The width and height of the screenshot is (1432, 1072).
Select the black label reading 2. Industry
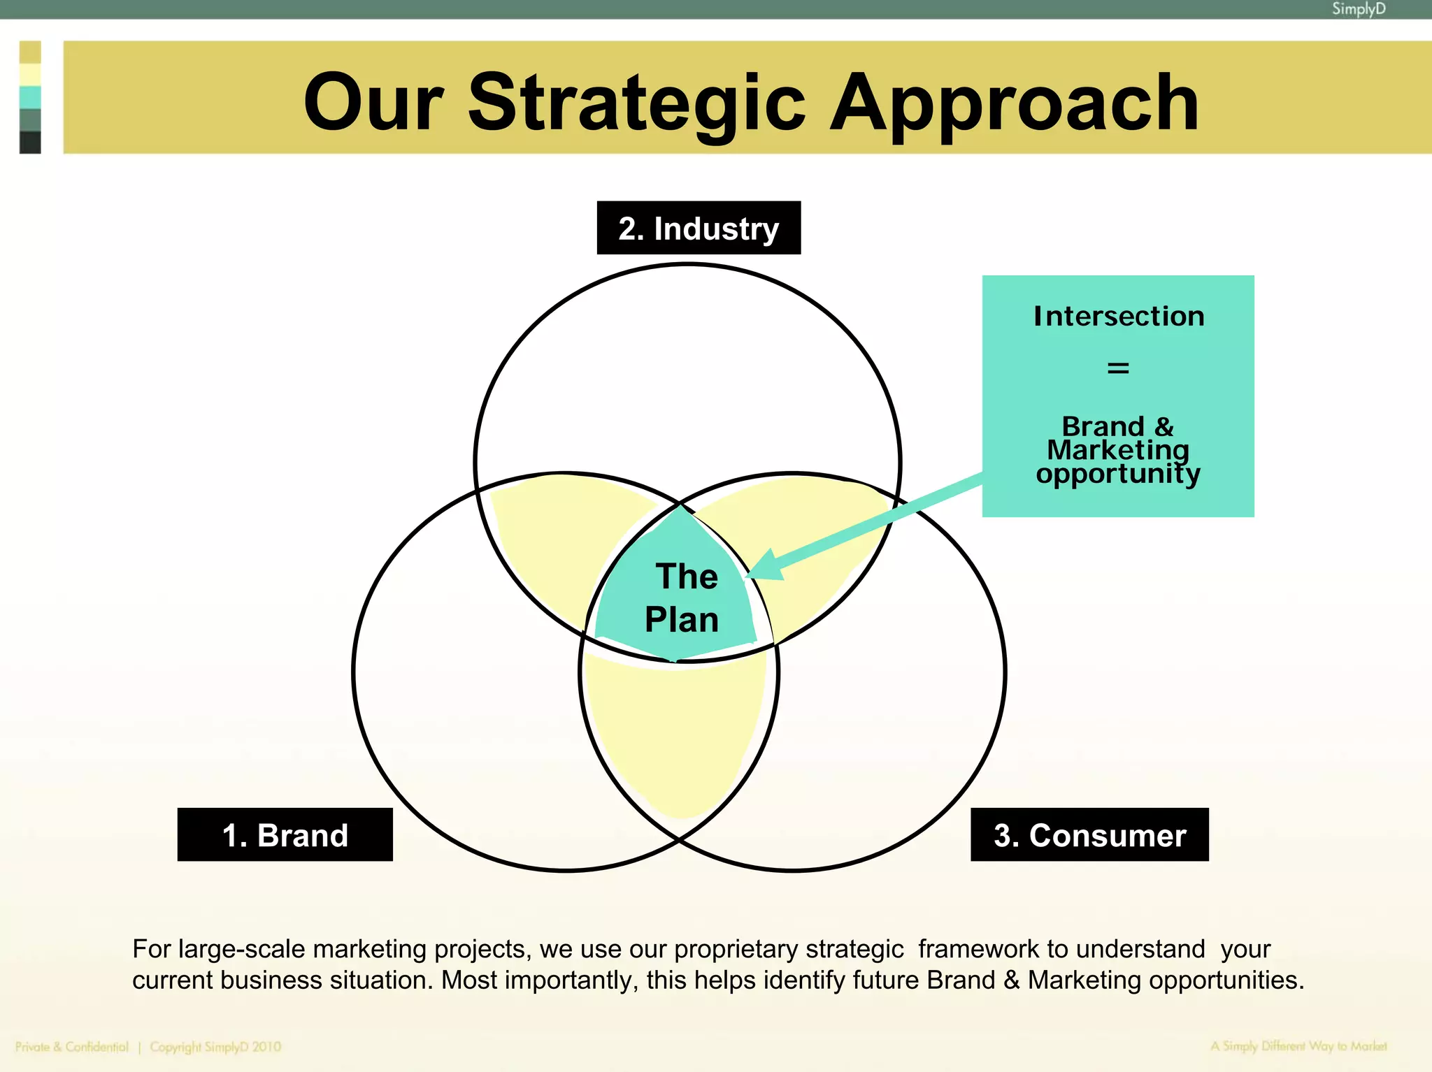pyautogui.click(x=699, y=229)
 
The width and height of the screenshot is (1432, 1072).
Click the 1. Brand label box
pyautogui.click(x=285, y=835)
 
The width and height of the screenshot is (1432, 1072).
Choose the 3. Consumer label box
pyautogui.click(x=1089, y=835)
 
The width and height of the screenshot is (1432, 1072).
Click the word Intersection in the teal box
pyautogui.click(x=1119, y=316)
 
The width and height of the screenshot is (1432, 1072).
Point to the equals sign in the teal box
pyautogui.click(x=1118, y=368)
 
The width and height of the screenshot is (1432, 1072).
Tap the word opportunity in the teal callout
pyautogui.click(x=1118, y=474)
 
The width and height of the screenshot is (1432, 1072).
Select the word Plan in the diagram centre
pyautogui.click(x=682, y=620)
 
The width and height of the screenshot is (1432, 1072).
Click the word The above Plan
pyautogui.click(x=687, y=577)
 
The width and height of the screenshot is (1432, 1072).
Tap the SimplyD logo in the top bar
pyautogui.click(x=1358, y=9)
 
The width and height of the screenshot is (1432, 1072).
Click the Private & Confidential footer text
pyautogui.click(x=72, y=1047)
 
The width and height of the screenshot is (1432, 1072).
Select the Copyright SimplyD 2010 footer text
pyautogui.click(x=215, y=1047)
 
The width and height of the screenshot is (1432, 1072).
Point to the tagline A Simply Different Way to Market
pyautogui.click(x=1298, y=1046)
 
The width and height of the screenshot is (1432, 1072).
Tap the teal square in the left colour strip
pyautogui.click(x=30, y=97)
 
